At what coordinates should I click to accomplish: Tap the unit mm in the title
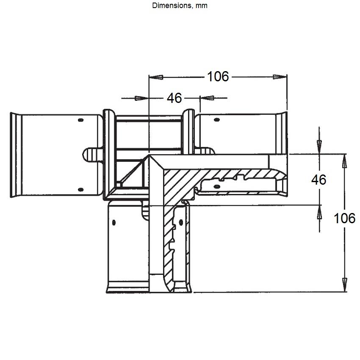pos(201,6)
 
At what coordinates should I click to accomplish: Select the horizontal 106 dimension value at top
pos(218,77)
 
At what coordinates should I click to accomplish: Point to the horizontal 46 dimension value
pos(174,98)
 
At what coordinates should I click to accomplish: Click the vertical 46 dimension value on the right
pos(318,180)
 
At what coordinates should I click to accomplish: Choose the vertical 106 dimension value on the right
pos(344,218)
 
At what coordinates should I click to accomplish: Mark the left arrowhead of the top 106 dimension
pos(156,77)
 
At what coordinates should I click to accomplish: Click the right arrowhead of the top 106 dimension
pos(280,77)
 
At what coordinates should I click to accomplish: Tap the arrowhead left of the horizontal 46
pos(141,98)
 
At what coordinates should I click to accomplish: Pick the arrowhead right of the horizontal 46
pos(207,98)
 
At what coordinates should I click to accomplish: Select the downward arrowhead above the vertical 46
pos(319,147)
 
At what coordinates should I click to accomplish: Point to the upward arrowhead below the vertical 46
pos(319,212)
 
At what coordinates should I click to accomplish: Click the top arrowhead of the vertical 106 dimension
pos(344,161)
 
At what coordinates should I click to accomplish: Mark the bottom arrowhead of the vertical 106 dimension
pos(345,285)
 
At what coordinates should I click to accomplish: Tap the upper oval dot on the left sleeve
pos(80,120)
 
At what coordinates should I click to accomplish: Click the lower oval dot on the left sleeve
pos(80,190)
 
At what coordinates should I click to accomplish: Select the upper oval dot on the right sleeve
pos(217,119)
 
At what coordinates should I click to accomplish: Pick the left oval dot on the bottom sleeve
pos(114,222)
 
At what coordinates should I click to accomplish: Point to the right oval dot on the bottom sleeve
pos(181,222)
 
